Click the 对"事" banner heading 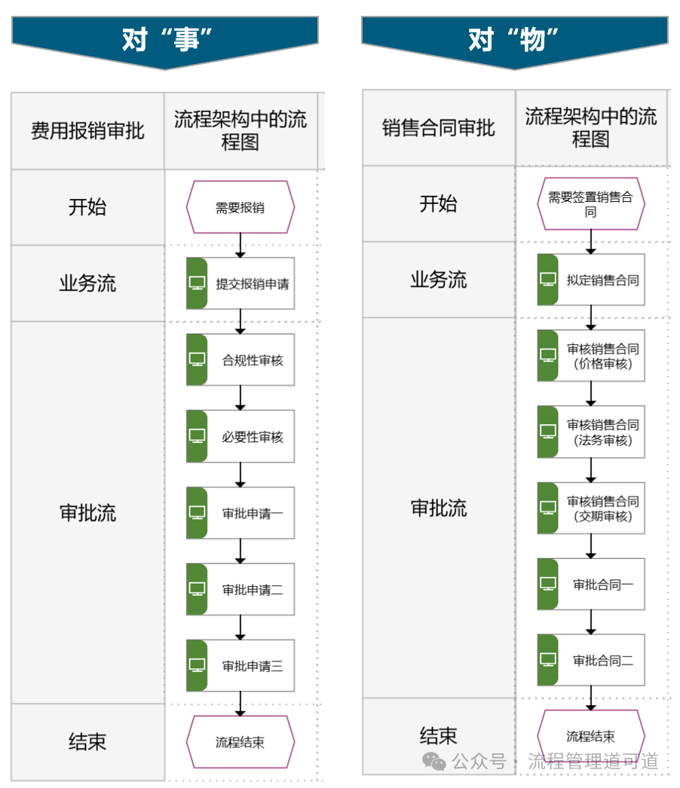click(x=164, y=39)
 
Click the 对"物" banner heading click(x=515, y=39)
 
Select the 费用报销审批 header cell click(x=87, y=131)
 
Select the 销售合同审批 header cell click(x=439, y=128)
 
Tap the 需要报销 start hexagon click(x=240, y=207)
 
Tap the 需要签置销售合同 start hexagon click(x=591, y=204)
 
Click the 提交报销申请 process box click(x=240, y=284)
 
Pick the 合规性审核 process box click(x=240, y=360)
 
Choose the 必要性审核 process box click(x=240, y=436)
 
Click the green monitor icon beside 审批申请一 click(x=197, y=512)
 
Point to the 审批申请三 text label click(x=253, y=666)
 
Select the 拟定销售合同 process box click(x=591, y=279)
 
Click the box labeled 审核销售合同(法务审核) click(x=591, y=432)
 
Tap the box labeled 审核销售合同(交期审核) click(x=591, y=509)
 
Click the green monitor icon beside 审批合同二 click(x=548, y=660)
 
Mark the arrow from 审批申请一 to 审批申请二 click(x=240, y=551)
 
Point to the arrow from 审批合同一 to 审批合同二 click(x=591, y=622)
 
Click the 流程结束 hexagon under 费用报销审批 click(x=240, y=742)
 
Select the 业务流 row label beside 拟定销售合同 click(x=439, y=279)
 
